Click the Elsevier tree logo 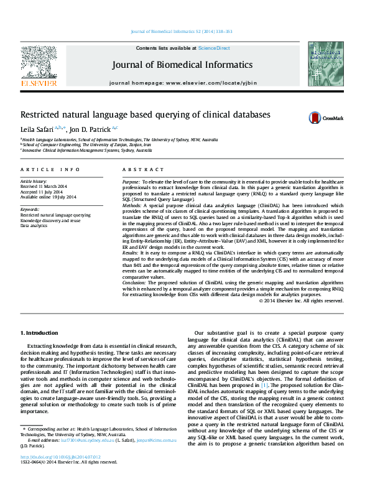coord(39,65)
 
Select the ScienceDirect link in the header coord(214,48)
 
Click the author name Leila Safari coord(37,129)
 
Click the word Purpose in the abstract coord(131,180)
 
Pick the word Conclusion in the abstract coord(134,283)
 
